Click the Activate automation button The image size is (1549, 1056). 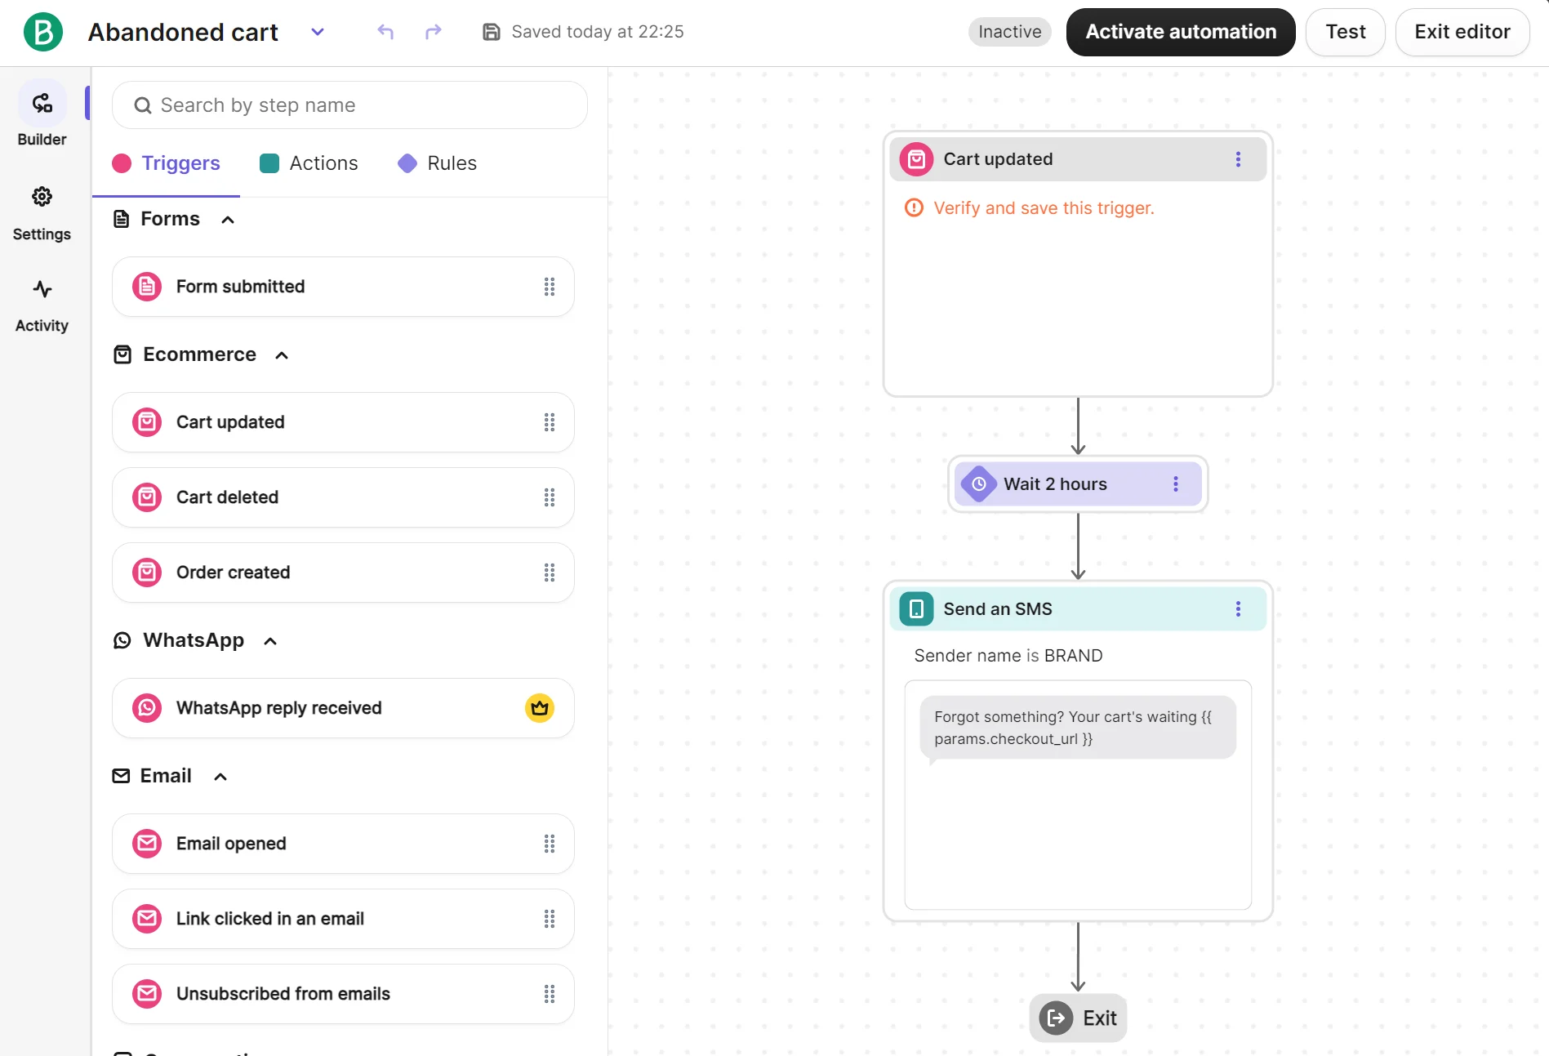(x=1181, y=32)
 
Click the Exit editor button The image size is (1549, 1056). (x=1462, y=32)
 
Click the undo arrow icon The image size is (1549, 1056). (x=385, y=32)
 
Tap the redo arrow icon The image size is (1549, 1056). (x=434, y=32)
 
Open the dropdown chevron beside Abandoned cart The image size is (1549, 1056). (x=318, y=32)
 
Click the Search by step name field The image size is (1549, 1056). (x=349, y=105)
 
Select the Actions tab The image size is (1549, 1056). (x=309, y=163)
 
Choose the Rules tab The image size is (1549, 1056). (x=437, y=163)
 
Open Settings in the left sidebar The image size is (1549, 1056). (x=42, y=212)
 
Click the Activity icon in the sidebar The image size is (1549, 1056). (x=42, y=290)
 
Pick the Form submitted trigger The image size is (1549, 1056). (x=343, y=287)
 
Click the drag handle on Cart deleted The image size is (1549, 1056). (x=550, y=497)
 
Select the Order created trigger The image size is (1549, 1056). (x=343, y=573)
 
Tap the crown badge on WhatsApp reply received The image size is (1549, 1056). (x=540, y=708)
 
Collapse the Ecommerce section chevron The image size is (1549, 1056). (x=282, y=355)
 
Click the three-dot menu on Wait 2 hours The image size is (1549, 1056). (x=1176, y=484)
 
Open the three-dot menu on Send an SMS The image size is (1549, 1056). (x=1238, y=609)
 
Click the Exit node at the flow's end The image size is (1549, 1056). (x=1078, y=1018)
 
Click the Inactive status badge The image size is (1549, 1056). (x=1009, y=32)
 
